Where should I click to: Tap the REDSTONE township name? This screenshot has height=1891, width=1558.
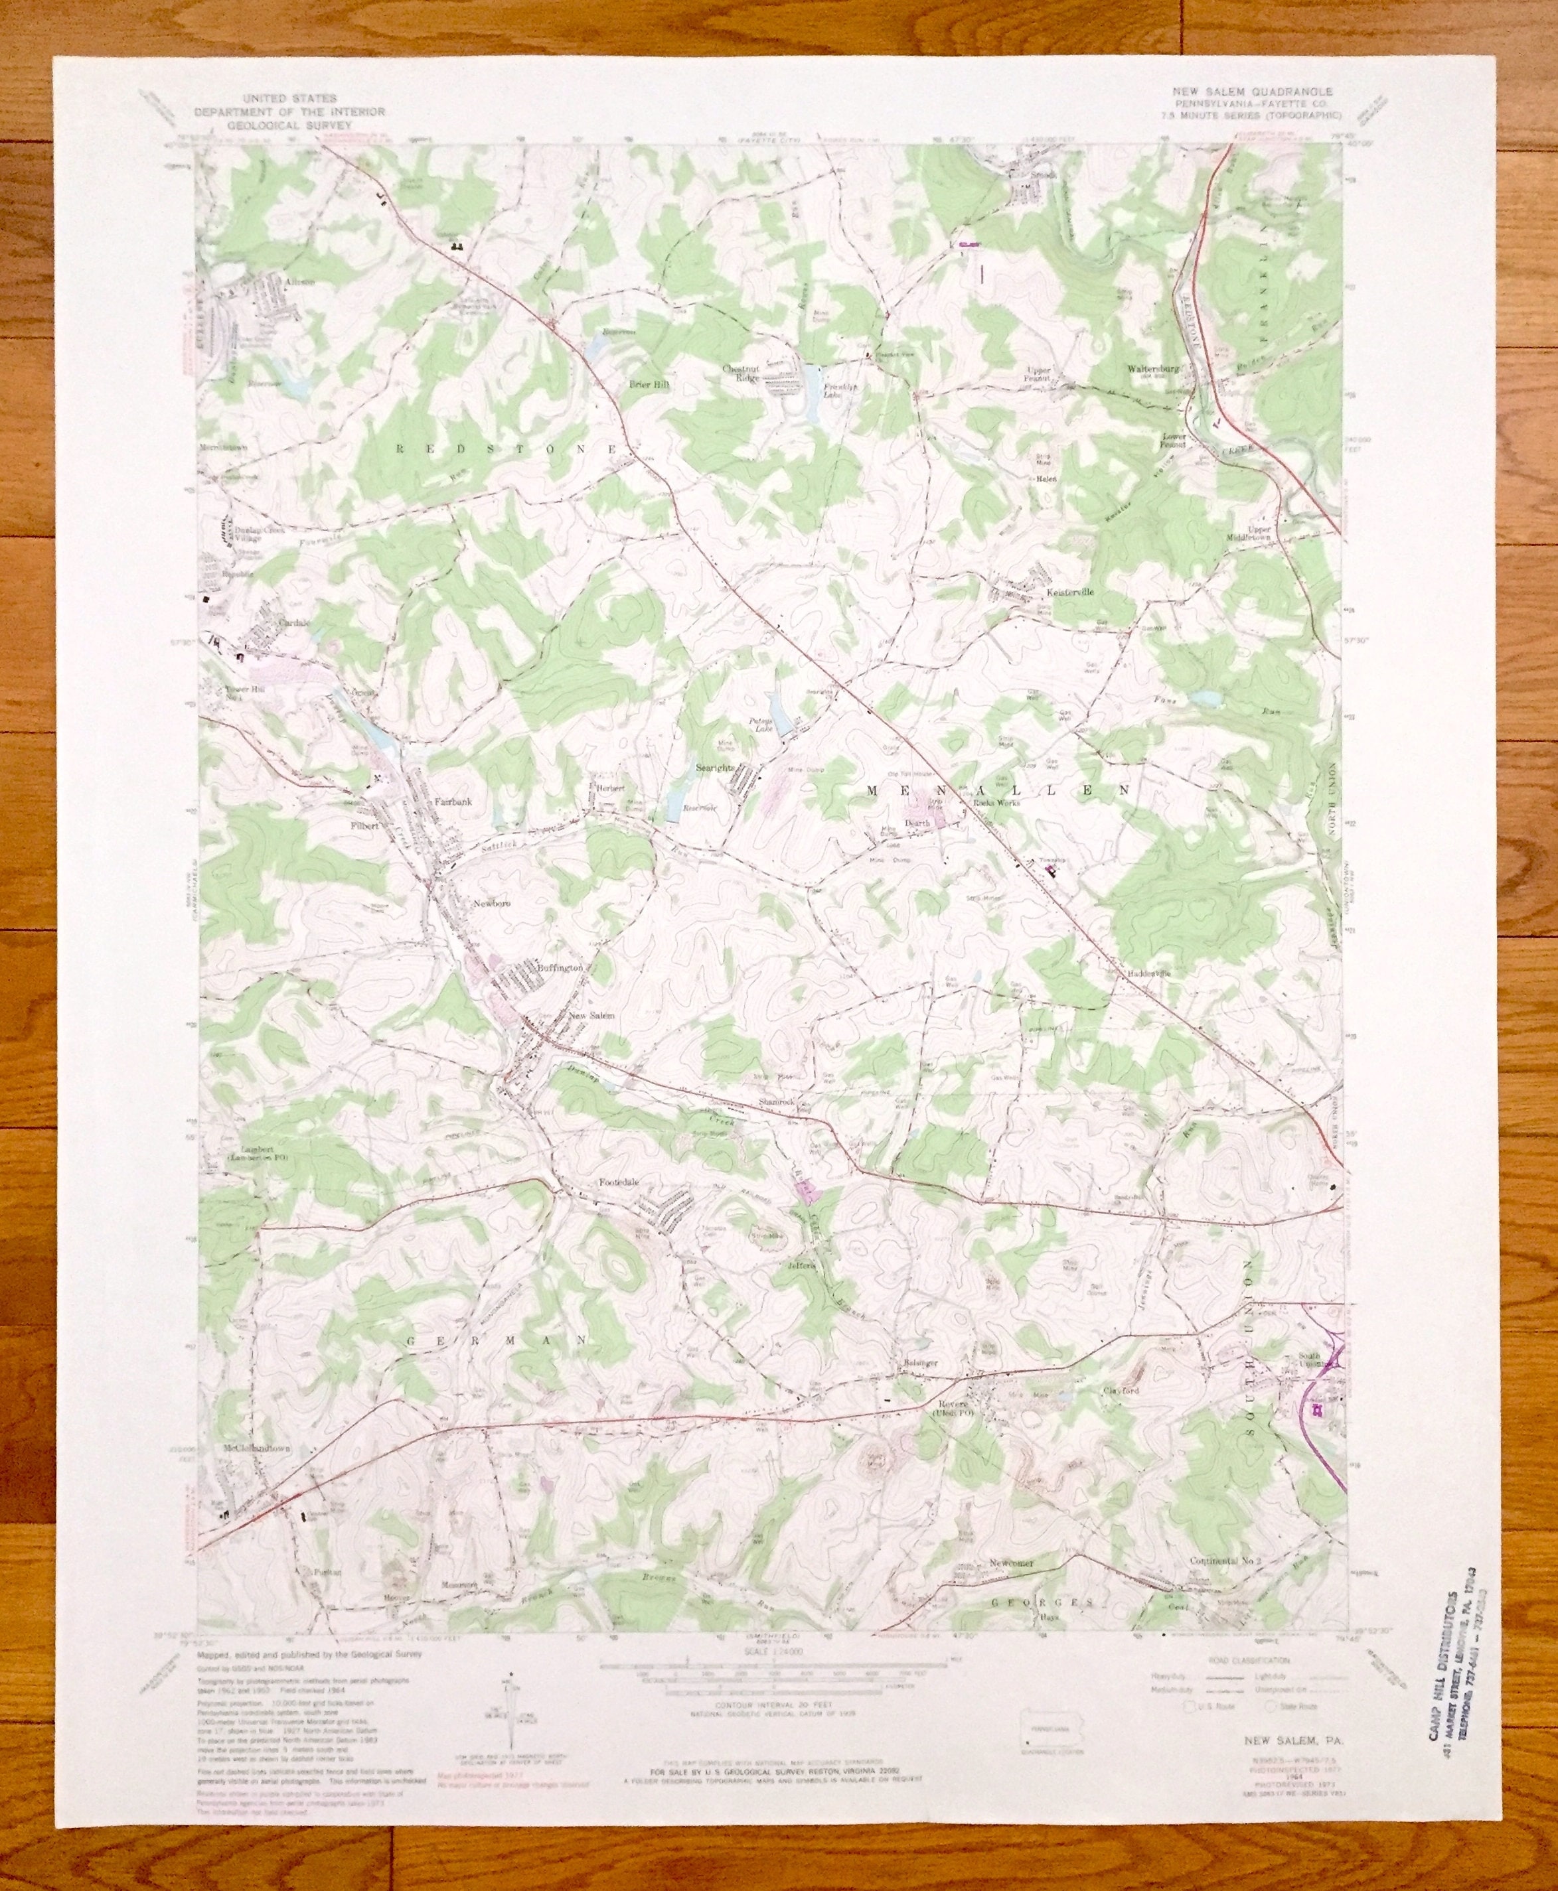[507, 446]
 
